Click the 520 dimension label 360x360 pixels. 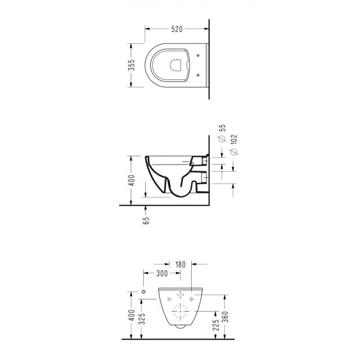coord(177,29)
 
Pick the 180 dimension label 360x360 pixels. coord(180,265)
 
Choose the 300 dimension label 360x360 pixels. coord(162,274)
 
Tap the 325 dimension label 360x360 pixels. coord(142,319)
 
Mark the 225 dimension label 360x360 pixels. coord(216,325)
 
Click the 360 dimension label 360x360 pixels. coord(226,317)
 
